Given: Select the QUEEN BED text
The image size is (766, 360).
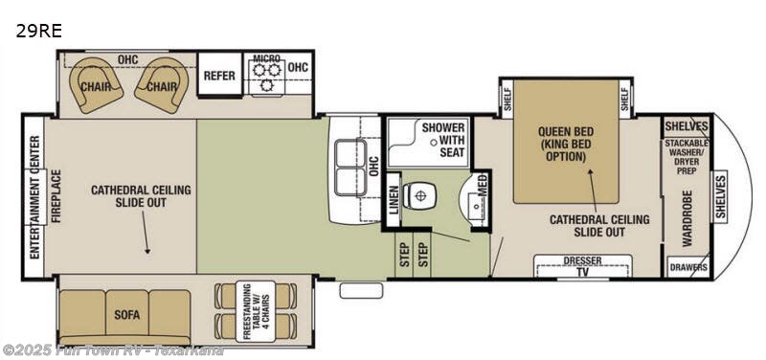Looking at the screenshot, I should point(567,132).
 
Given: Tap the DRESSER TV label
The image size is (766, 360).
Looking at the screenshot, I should point(582,265).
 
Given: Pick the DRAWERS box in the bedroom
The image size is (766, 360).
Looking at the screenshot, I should point(688,267).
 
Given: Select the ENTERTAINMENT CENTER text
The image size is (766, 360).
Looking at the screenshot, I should point(34,197).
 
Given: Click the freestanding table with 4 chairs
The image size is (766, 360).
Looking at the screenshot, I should point(243,308).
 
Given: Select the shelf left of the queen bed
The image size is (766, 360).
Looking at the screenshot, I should point(507,98).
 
